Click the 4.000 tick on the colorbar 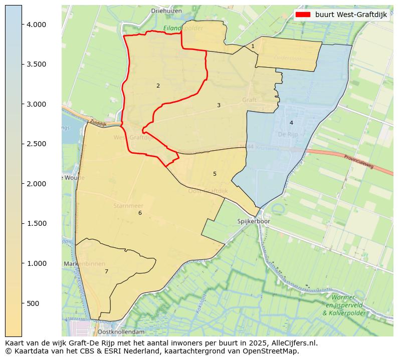click(x=22, y=25)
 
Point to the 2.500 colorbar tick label click(x=36, y=144)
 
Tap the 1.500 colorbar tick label click(x=36, y=224)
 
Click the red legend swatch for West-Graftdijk click(x=303, y=15)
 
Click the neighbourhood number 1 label click(x=253, y=47)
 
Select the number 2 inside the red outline click(x=158, y=86)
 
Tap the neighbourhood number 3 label click(x=219, y=106)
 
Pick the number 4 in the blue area click(x=291, y=123)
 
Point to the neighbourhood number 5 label click(x=215, y=174)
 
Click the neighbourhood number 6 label click(x=140, y=213)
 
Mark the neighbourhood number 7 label click(x=106, y=272)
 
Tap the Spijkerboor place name click(x=254, y=221)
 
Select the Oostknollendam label click(x=121, y=332)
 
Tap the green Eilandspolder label click(x=183, y=29)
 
